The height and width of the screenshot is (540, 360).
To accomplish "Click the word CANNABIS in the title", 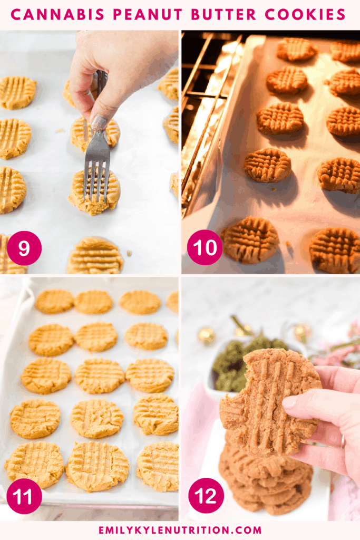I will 57,14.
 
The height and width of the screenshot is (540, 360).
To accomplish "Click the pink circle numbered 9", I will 24,248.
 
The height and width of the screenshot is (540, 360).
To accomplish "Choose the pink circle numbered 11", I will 24,496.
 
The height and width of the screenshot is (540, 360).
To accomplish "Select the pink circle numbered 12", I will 206,496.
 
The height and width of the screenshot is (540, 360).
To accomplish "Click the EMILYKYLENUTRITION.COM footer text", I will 180,529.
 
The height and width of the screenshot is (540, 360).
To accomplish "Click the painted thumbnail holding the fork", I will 99,123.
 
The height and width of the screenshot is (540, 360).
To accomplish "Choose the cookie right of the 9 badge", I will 95,256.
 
